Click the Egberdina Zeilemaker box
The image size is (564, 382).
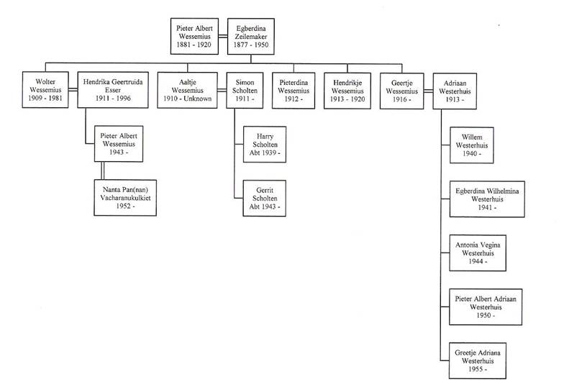250,36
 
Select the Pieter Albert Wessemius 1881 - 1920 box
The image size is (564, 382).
194,36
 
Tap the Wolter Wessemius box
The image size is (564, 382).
45,89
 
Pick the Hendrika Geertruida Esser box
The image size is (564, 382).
113,89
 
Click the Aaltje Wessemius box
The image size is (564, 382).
187,90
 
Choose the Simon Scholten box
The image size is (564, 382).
245,91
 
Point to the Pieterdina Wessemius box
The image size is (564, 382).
294,91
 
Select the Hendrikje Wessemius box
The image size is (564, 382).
347,91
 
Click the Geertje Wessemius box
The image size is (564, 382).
401,91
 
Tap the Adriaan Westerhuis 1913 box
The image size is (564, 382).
455,91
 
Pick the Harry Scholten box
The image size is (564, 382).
265,144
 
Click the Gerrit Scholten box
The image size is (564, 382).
265,199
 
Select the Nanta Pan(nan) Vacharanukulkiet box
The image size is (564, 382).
125,197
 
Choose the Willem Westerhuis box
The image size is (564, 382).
472,145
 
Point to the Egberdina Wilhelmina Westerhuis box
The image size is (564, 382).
487,199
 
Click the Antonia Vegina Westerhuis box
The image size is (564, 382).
478,253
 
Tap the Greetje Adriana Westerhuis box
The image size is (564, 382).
478,360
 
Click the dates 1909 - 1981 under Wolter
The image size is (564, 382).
45,98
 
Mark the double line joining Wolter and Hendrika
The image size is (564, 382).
73,89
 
